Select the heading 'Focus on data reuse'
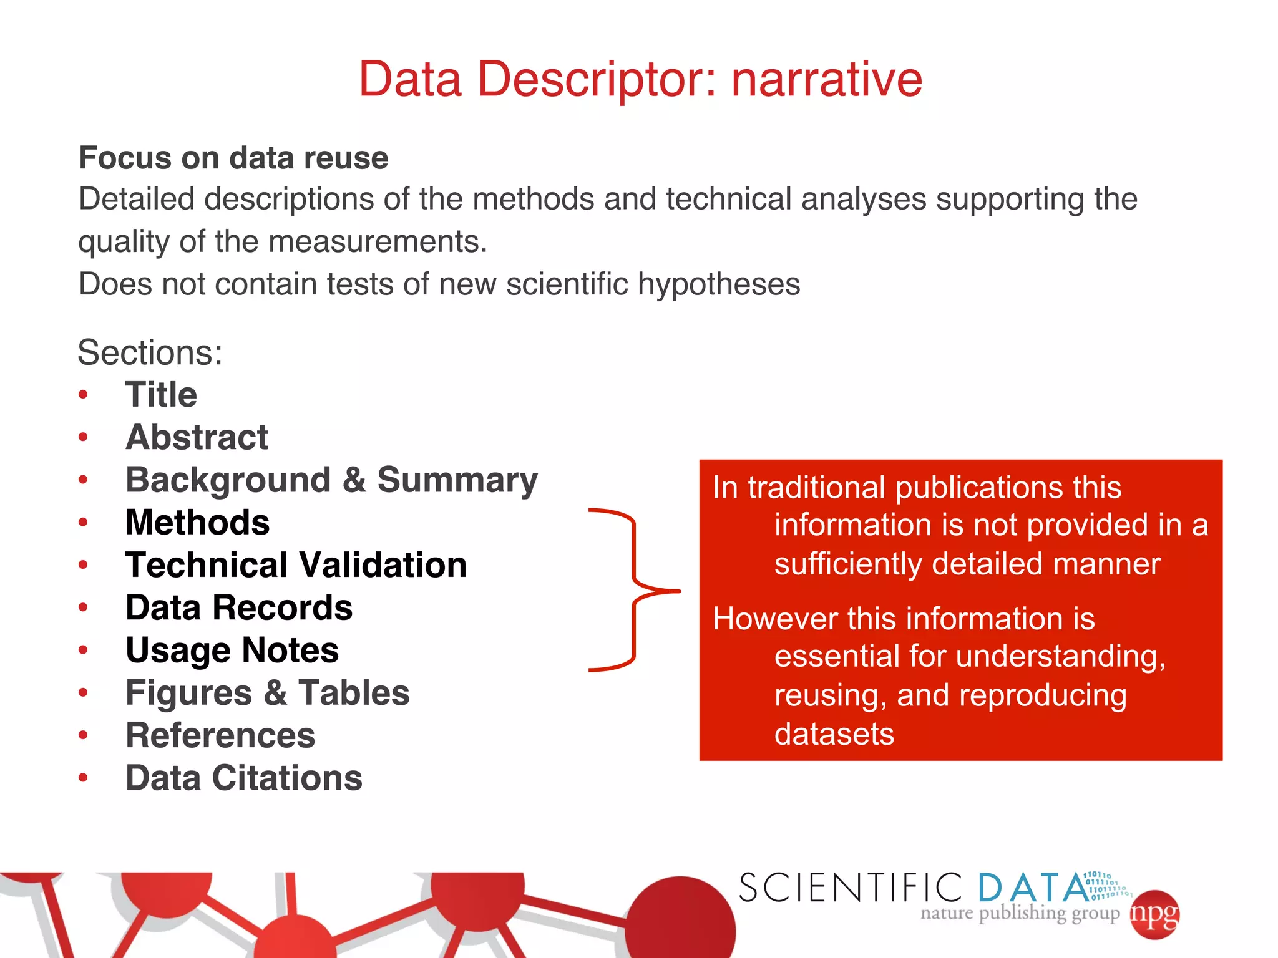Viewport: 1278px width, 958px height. [x=233, y=158]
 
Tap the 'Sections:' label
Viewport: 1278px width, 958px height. [x=150, y=352]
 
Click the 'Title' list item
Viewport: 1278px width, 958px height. [x=161, y=395]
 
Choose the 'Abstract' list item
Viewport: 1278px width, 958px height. [x=197, y=437]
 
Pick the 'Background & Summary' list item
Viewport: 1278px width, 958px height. [x=331, y=480]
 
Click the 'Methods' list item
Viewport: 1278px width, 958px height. [x=197, y=523]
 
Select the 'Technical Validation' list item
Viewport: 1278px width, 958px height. [x=296, y=565]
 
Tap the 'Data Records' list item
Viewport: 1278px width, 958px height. [x=239, y=607]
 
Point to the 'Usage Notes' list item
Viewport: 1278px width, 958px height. [x=232, y=651]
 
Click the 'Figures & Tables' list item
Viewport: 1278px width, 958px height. [x=267, y=693]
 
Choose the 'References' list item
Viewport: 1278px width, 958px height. [x=220, y=735]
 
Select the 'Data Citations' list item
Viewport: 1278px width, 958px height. [x=244, y=778]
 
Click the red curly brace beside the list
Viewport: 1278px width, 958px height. [x=633, y=590]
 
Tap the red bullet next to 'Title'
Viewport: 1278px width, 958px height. [x=83, y=395]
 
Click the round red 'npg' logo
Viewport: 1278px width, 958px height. [x=1154, y=914]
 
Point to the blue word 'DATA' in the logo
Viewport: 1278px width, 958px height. [x=1033, y=888]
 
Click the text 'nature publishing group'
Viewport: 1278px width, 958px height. [x=1020, y=914]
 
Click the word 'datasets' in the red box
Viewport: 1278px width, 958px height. [x=834, y=734]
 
